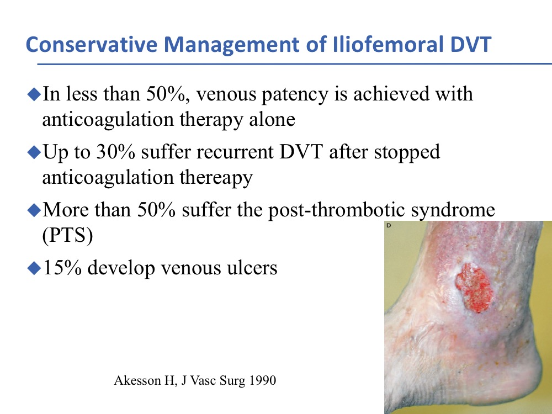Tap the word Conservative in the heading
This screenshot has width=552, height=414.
point(92,45)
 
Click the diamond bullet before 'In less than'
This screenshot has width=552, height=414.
point(34,94)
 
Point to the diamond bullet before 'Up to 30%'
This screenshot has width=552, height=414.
point(34,152)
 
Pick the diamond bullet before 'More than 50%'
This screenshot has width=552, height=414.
point(34,210)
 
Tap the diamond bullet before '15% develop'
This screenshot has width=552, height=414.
point(34,268)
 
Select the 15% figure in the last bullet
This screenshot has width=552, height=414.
point(62,268)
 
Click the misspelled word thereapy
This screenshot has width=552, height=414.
point(216,178)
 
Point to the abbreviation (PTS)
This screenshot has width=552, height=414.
point(67,235)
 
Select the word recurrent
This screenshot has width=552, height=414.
point(235,153)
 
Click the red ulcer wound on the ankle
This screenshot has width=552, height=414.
point(474,288)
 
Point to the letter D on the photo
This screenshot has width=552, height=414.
point(389,225)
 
